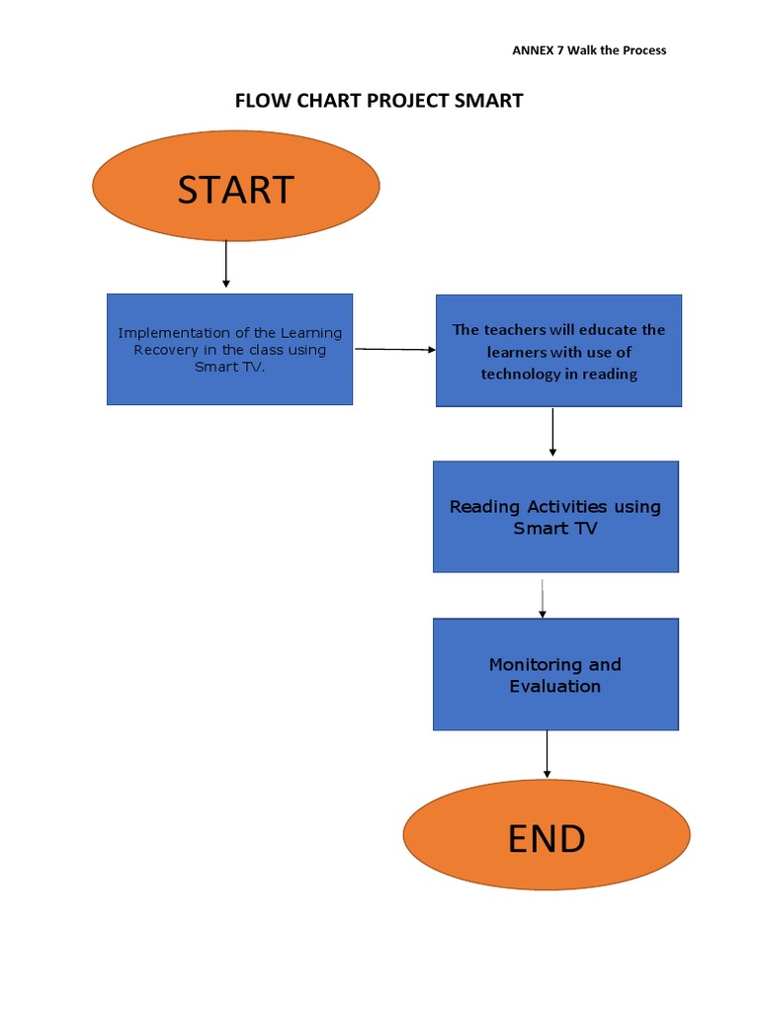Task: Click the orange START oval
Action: (x=235, y=187)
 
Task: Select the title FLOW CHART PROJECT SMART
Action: (x=379, y=101)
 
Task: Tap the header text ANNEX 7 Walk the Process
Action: (x=589, y=50)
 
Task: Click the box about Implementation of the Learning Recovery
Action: (x=229, y=349)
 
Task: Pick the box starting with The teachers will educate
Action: (x=558, y=351)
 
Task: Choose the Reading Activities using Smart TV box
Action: (x=555, y=517)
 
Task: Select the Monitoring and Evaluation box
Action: (x=555, y=675)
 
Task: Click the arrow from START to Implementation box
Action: (x=226, y=264)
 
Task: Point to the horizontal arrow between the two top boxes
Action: (x=394, y=349)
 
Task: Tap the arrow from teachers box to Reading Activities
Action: (x=552, y=432)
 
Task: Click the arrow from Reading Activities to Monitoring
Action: (x=543, y=599)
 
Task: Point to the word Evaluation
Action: (x=554, y=686)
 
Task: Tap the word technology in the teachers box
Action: (x=519, y=374)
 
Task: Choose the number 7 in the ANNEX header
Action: (x=555, y=50)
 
